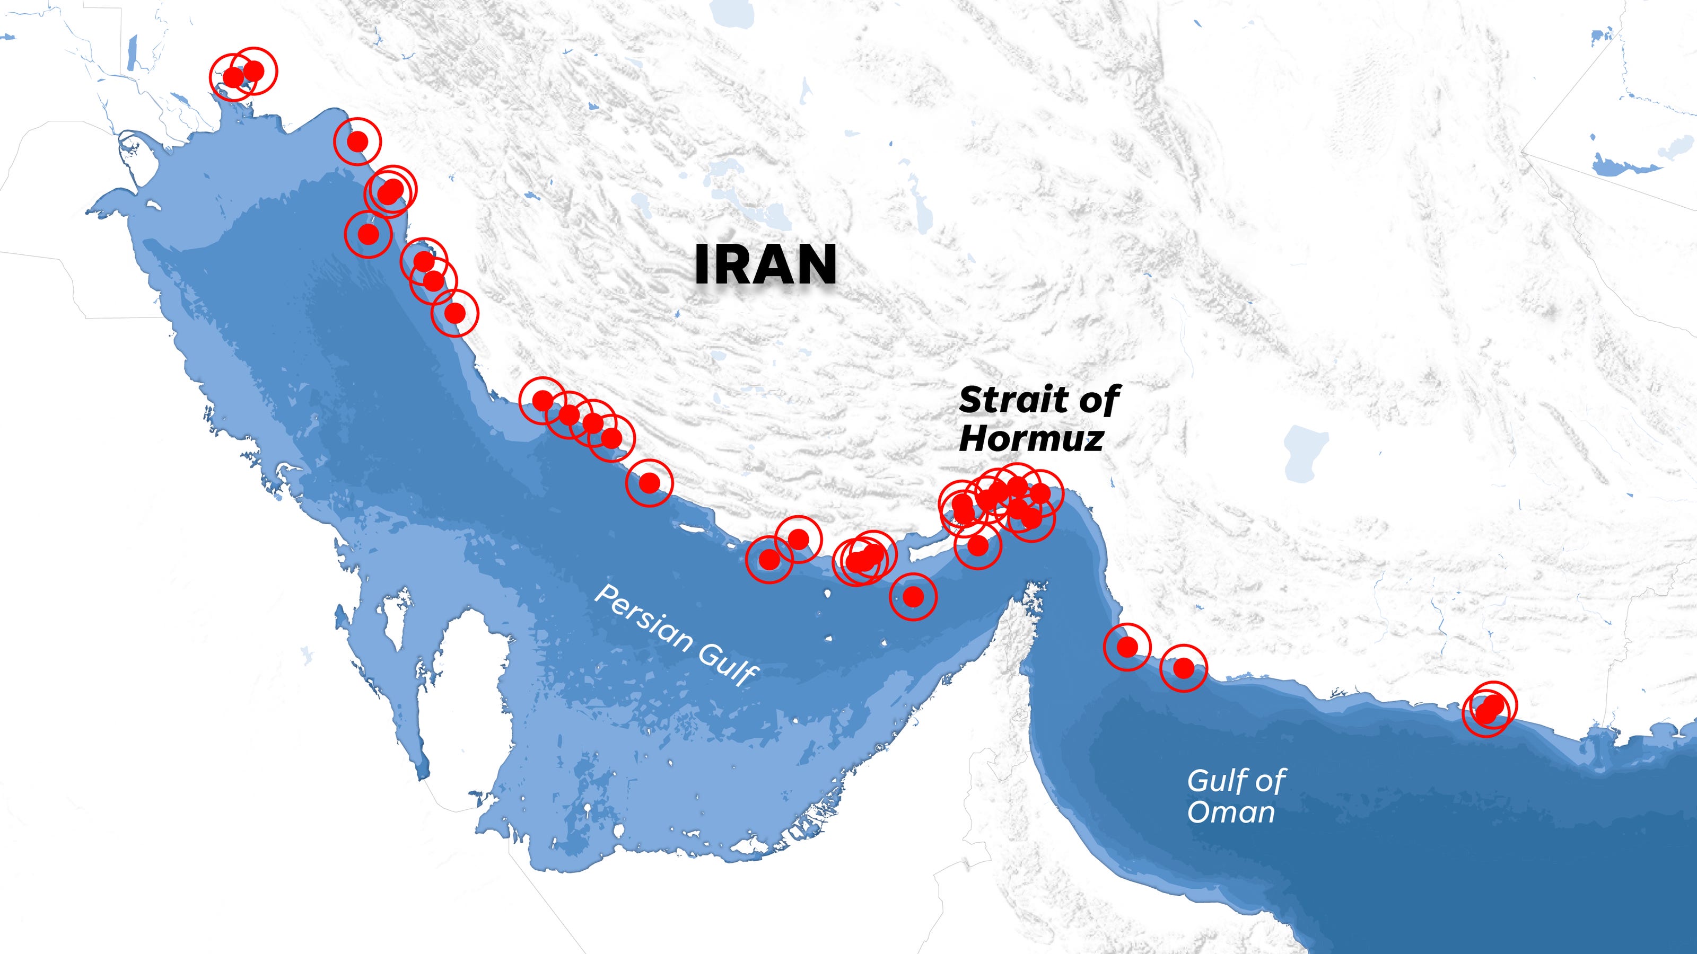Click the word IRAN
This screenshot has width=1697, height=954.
tap(765, 264)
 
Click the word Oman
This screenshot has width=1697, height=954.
tap(1230, 812)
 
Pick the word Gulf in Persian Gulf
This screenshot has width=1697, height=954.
tap(728, 664)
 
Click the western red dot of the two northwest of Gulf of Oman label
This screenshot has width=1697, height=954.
tap(1127, 647)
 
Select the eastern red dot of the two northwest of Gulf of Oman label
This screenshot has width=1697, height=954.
tap(1184, 668)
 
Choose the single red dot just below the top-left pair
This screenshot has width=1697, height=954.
tap(357, 141)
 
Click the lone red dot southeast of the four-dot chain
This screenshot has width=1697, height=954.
tap(649, 483)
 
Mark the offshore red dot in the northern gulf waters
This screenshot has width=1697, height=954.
tap(368, 234)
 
